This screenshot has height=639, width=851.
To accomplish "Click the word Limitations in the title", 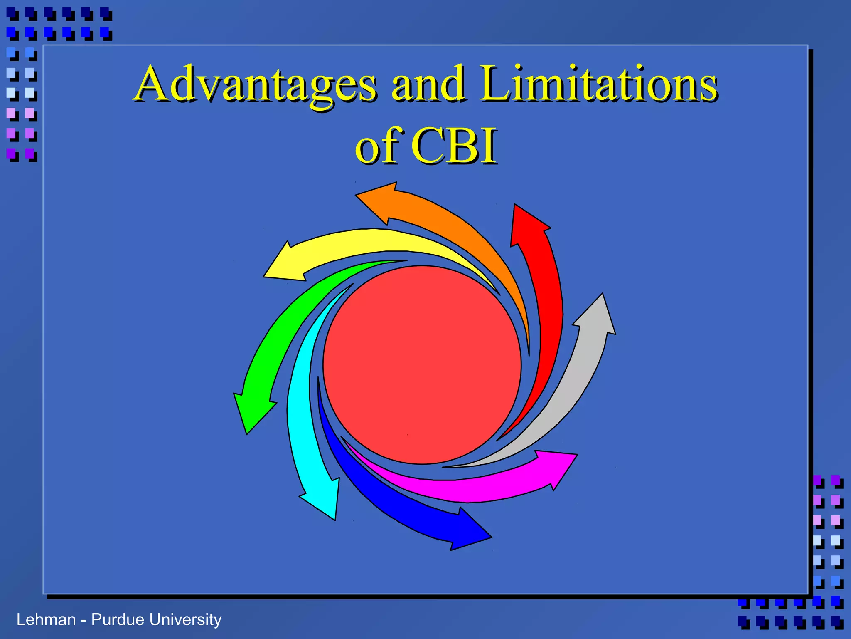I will point(598,84).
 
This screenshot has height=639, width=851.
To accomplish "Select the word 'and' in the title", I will point(428,84).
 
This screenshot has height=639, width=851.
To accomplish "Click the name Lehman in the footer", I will point(46,619).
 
